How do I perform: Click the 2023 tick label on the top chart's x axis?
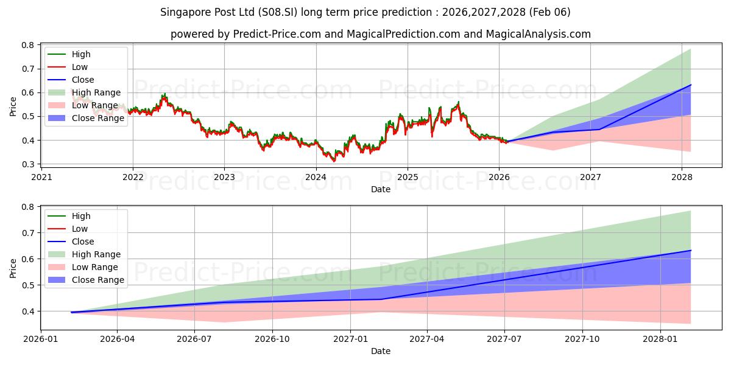[224, 177]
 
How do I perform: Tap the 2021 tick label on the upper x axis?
[41, 177]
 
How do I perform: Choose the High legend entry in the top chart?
[81, 54]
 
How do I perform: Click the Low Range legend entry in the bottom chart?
[95, 267]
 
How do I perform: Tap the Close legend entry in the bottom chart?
[83, 242]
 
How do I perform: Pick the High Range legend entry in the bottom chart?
[96, 254]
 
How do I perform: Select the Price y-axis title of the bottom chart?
[13, 267]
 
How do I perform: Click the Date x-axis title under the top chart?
[381, 189]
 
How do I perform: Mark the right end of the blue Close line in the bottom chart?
[691, 250]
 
